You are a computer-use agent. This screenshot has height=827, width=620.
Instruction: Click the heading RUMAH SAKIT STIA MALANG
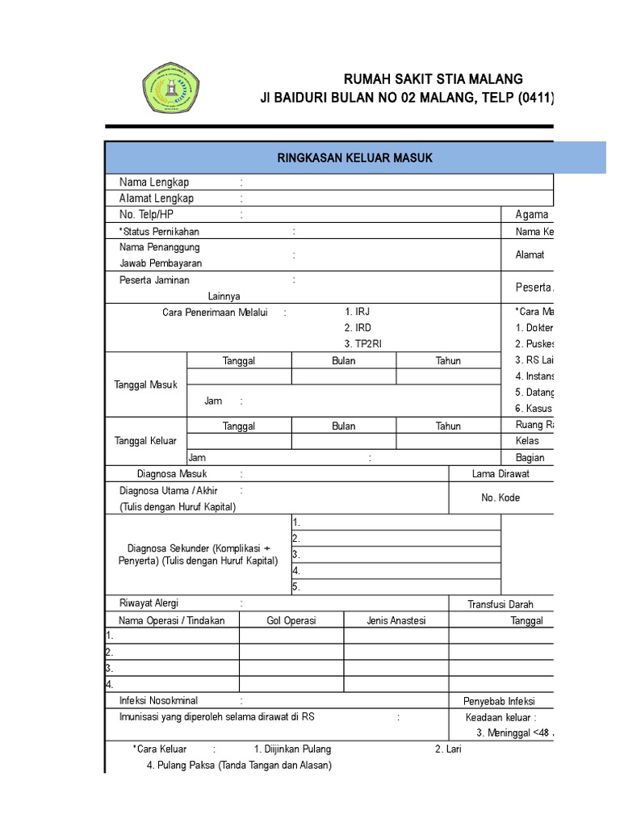(433, 79)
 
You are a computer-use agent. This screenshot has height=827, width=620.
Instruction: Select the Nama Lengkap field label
(154, 183)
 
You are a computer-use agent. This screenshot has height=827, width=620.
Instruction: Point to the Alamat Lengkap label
(157, 199)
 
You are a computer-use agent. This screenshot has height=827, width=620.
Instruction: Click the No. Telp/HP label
(146, 215)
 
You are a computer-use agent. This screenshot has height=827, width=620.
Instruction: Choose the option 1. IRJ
(357, 312)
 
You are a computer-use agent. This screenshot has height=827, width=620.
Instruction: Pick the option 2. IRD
(358, 328)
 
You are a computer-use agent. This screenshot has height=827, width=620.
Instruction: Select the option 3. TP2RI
(362, 344)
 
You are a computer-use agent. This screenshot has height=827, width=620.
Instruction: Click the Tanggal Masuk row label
(146, 385)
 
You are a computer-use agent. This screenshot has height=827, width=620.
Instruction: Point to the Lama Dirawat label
(501, 474)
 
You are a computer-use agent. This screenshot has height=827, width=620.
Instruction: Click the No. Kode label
(501, 498)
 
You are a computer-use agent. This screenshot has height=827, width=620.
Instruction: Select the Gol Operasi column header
(291, 620)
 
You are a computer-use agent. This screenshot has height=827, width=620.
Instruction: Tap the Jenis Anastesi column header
(396, 620)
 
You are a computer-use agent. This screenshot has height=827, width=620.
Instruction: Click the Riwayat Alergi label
(149, 603)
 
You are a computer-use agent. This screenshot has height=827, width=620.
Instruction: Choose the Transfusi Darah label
(501, 604)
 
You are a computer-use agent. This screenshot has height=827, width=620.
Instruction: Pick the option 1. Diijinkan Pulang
(292, 749)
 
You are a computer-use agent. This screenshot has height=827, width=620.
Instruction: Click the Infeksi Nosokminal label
(158, 700)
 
